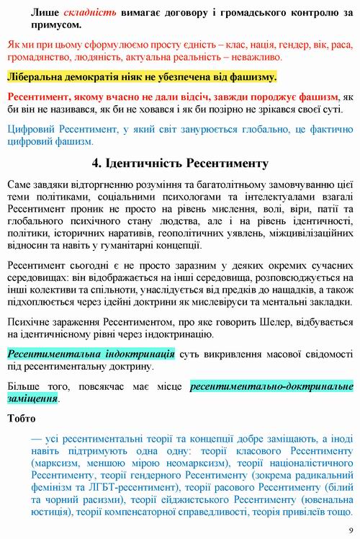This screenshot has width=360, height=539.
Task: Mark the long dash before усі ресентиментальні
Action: point(36,439)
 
